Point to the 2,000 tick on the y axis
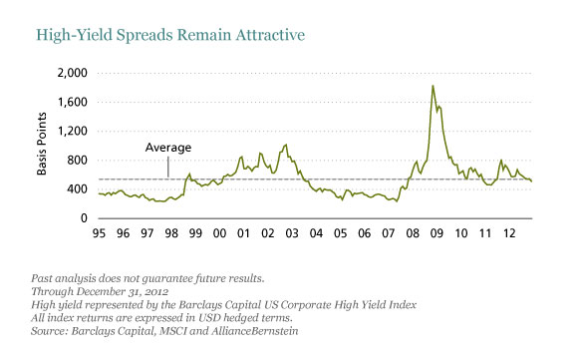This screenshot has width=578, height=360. pyautogui.click(x=73, y=74)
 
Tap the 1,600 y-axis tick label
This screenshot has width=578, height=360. pyautogui.click(x=73, y=103)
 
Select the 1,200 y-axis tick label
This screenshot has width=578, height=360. pyautogui.click(x=73, y=132)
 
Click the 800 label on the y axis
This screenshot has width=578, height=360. pyautogui.click(x=78, y=161)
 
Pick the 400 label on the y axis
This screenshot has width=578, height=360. pyautogui.click(x=78, y=189)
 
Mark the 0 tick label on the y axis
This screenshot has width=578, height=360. pyautogui.click(x=85, y=218)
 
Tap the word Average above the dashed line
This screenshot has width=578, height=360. pyautogui.click(x=168, y=148)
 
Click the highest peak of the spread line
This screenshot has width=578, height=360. pyautogui.click(x=433, y=86)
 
